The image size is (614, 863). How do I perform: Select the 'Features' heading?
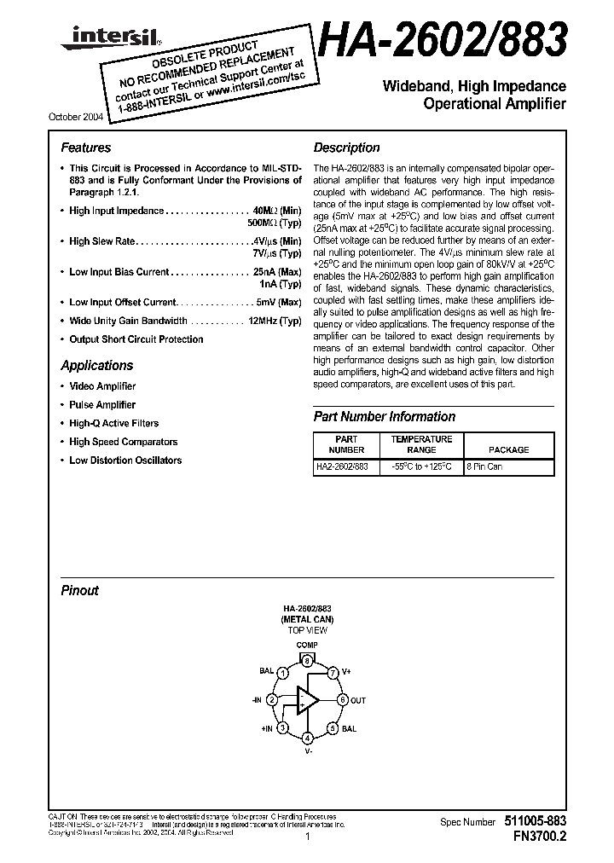(85, 148)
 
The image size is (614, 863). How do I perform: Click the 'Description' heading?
(346, 148)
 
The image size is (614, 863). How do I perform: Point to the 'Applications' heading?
(96, 365)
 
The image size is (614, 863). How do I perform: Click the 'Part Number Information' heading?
(384, 416)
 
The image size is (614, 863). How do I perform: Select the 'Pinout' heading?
(79, 590)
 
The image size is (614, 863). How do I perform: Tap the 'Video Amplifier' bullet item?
(102, 386)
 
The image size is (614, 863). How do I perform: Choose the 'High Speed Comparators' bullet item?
(123, 442)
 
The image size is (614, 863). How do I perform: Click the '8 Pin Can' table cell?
(486, 468)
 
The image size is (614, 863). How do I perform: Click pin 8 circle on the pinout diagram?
(307, 661)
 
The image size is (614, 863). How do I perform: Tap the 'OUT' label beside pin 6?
(358, 700)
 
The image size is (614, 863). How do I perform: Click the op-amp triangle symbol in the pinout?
(305, 700)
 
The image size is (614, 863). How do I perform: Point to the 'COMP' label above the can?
(307, 646)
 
